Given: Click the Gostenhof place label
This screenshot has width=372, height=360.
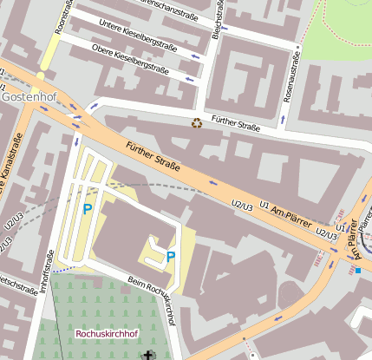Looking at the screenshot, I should tap(29, 96).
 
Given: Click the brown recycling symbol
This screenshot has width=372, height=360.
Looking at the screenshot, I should tap(197, 123).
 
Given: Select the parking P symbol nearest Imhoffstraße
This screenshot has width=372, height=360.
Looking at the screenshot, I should tap(87, 208).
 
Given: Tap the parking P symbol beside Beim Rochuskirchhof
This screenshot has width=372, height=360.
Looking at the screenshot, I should tap(171, 256).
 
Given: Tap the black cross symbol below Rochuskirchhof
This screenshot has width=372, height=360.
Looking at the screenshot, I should tap(146, 355).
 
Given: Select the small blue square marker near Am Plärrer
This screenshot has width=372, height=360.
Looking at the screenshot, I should tap(357, 270).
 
